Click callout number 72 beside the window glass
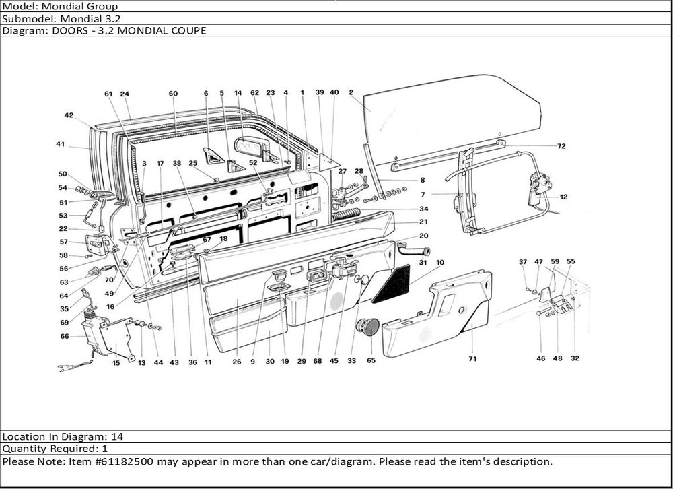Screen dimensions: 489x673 click(x=561, y=145)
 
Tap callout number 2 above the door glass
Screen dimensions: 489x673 click(x=351, y=92)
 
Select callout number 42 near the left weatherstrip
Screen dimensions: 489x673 click(x=69, y=115)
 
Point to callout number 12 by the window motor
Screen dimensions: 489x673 click(x=563, y=197)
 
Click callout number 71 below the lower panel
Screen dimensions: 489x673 click(x=472, y=359)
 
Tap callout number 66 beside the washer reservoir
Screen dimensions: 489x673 click(x=65, y=336)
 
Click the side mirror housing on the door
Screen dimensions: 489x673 click(x=250, y=146)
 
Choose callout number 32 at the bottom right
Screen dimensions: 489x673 click(x=575, y=359)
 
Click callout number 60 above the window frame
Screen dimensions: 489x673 click(x=173, y=94)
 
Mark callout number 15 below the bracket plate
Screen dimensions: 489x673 click(x=116, y=363)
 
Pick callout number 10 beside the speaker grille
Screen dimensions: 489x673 click(x=440, y=262)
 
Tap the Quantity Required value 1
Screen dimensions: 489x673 click(x=105, y=449)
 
